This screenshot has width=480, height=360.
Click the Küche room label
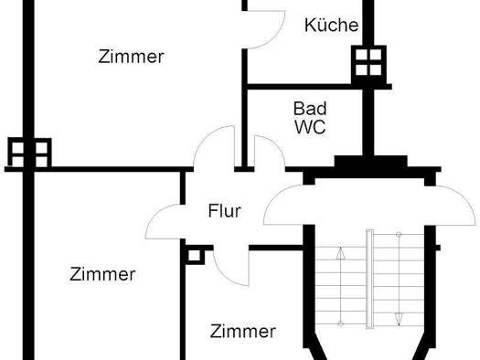331,26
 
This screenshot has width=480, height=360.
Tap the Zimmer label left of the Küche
131,57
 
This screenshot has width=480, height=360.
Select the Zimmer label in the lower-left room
102,274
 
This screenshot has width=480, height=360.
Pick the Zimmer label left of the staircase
242,331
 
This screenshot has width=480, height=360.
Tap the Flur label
225,211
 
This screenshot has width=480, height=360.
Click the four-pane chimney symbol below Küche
368,62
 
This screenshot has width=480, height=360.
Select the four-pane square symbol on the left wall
28,152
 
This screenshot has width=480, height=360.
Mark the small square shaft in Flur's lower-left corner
194,253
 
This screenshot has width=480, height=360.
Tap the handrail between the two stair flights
369,279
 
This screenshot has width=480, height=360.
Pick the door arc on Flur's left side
165,219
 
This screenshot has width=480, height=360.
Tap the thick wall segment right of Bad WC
368,123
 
